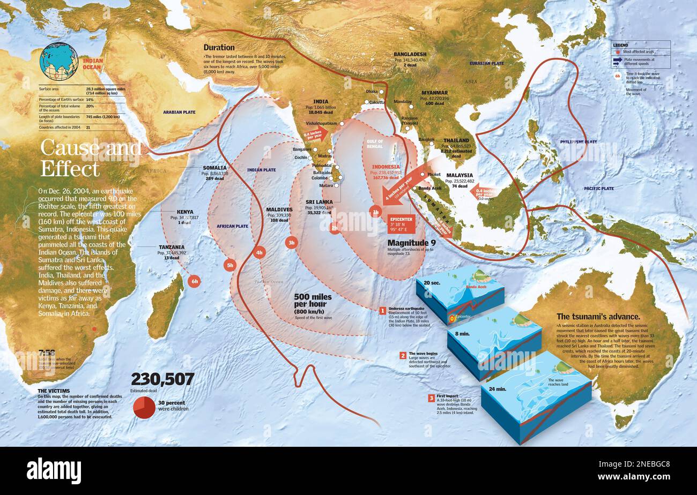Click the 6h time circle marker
coord(194,280)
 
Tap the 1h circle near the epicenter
coord(375,212)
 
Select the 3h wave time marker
coord(291,242)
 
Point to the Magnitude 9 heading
coord(411,243)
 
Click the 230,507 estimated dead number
coord(162,379)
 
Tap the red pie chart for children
coord(144,407)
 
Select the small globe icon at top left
coord(59,62)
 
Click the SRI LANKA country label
coord(320,202)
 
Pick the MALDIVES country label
coord(279,209)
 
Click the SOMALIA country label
coord(215,168)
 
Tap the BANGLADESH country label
coord(410,54)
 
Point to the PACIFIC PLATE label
coord(598,189)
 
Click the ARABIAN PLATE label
coord(180,112)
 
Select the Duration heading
coord(219,47)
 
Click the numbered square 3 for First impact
coord(431,397)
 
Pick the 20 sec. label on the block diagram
coord(432,282)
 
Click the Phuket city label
coord(434,174)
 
